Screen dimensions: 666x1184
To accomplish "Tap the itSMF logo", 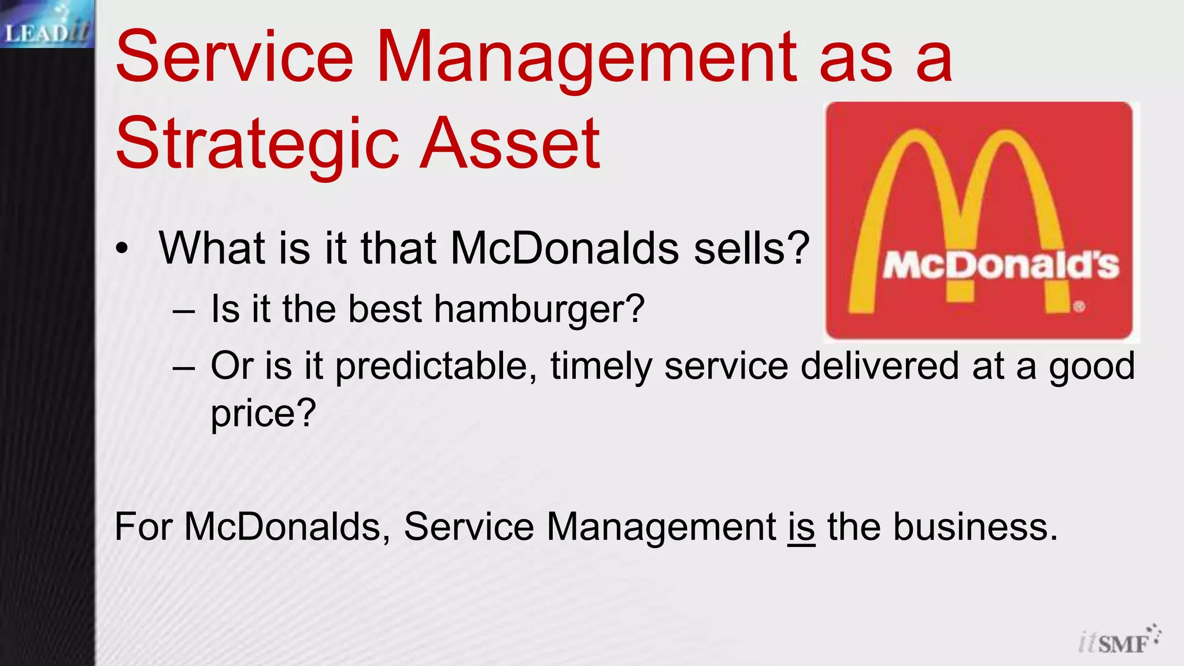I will tap(1119, 641).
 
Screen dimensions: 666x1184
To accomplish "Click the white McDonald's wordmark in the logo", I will tap(1001, 267).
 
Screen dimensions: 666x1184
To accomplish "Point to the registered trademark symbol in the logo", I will tap(1079, 307).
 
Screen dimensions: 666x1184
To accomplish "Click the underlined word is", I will tap(801, 527).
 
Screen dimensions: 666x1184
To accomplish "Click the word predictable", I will tap(436, 367).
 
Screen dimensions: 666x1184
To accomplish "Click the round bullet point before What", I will tap(122, 249).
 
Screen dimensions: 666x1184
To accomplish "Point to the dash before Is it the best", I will tap(184, 310).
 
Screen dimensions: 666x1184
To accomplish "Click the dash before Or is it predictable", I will tap(184, 368).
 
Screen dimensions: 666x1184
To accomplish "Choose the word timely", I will tap(601, 367).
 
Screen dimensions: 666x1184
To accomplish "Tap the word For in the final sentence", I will tap(144, 527).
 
